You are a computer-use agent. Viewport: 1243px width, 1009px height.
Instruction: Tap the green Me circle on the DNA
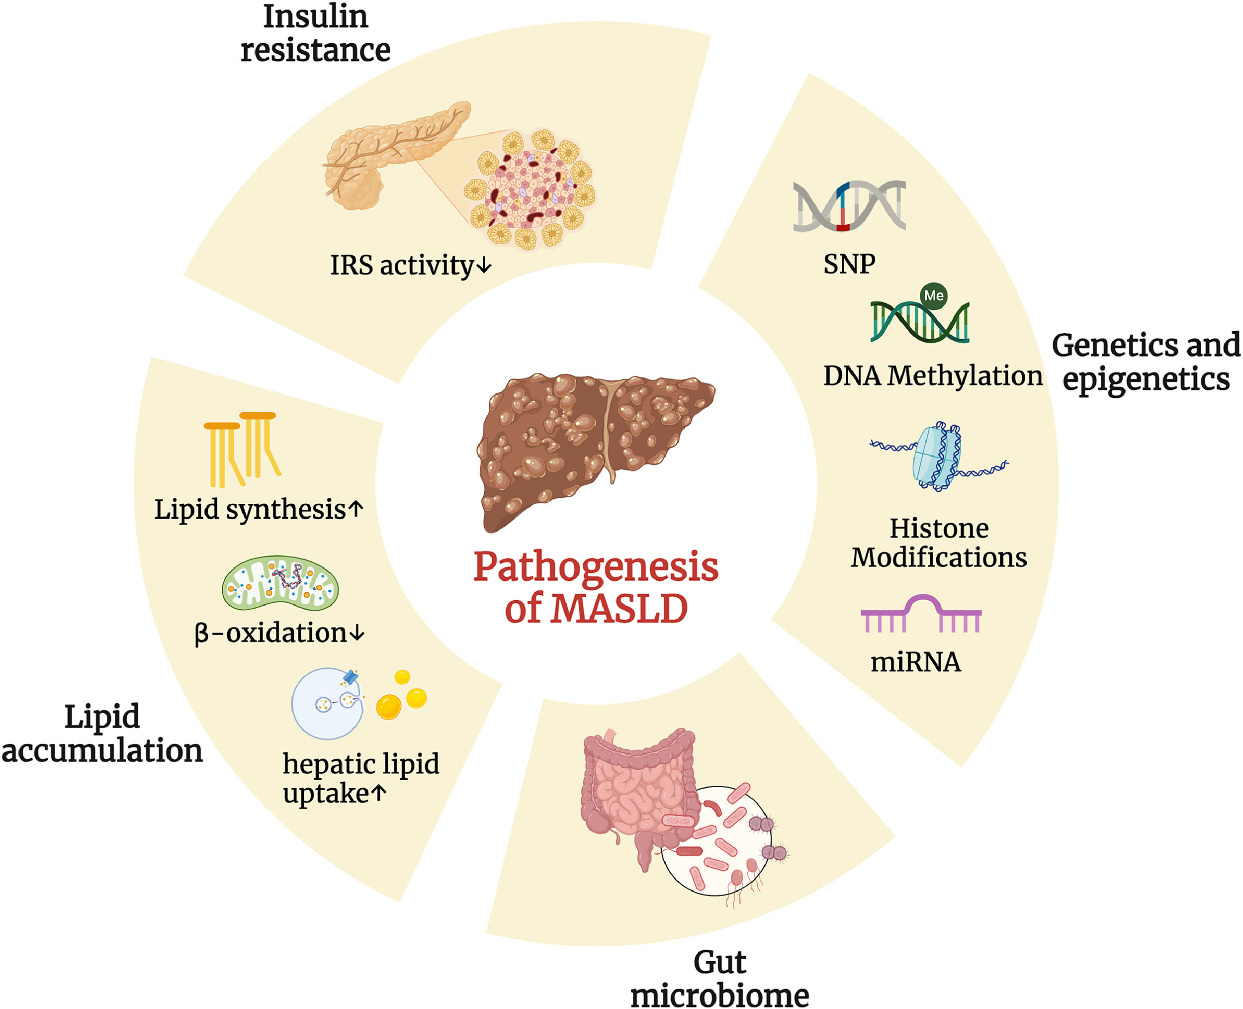tap(933, 295)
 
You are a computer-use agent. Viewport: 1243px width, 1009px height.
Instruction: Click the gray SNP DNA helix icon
tap(848, 206)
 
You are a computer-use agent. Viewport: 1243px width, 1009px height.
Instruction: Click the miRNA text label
tap(915, 662)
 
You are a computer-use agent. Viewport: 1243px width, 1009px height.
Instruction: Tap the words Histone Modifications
tap(939, 543)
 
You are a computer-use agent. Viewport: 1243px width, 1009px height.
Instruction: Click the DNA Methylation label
tap(932, 376)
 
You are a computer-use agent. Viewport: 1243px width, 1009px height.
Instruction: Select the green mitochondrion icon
tap(280, 583)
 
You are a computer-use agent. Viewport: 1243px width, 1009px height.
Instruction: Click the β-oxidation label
tap(279, 633)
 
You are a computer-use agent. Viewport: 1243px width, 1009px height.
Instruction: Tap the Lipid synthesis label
tap(258, 510)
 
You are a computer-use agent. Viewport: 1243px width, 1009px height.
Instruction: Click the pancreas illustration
tap(383, 154)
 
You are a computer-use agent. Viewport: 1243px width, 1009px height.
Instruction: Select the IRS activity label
tap(410, 266)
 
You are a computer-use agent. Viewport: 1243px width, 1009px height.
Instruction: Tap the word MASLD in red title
tap(619, 609)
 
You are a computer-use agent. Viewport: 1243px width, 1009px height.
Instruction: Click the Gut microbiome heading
tap(719, 979)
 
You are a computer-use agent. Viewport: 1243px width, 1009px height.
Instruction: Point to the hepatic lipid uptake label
tap(360, 779)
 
